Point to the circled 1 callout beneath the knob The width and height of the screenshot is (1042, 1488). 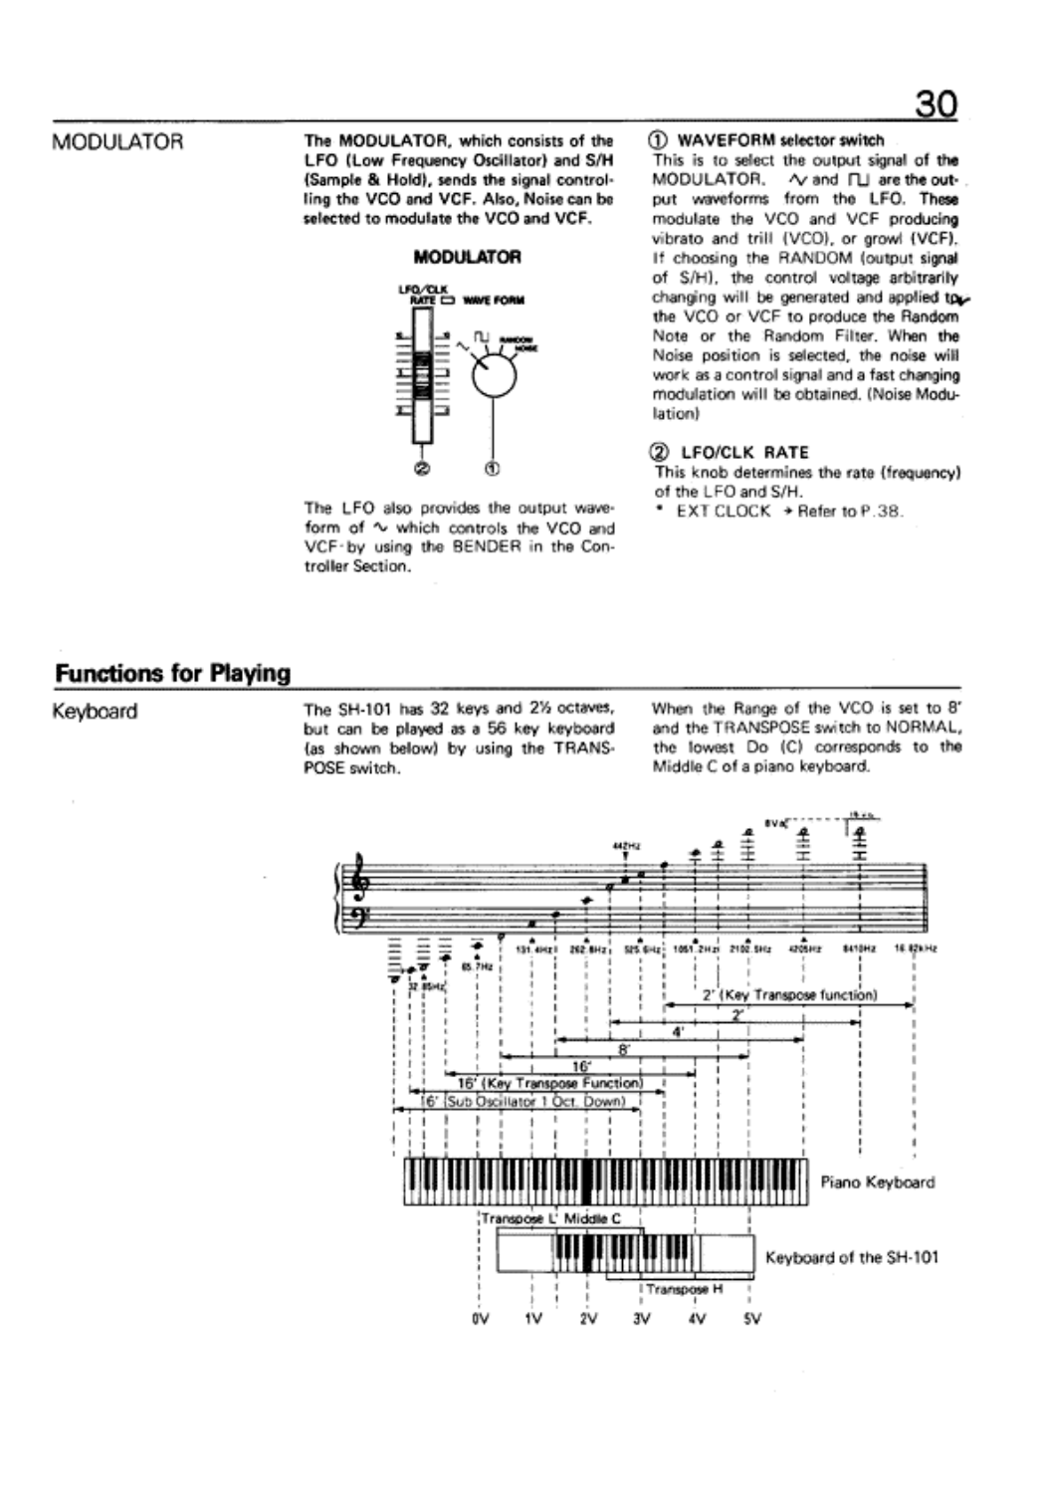point(492,468)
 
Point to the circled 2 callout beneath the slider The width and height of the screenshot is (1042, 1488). point(425,468)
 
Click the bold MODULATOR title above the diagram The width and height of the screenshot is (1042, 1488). point(466,257)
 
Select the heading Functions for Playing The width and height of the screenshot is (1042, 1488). point(172,674)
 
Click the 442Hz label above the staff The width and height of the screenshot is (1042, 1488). point(624,846)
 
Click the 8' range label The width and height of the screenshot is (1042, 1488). point(624,1048)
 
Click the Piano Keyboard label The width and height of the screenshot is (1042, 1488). point(878,1182)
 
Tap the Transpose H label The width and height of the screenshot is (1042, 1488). point(684,1289)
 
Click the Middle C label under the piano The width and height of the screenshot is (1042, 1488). point(592,1217)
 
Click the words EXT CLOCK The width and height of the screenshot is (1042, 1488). point(723,511)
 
